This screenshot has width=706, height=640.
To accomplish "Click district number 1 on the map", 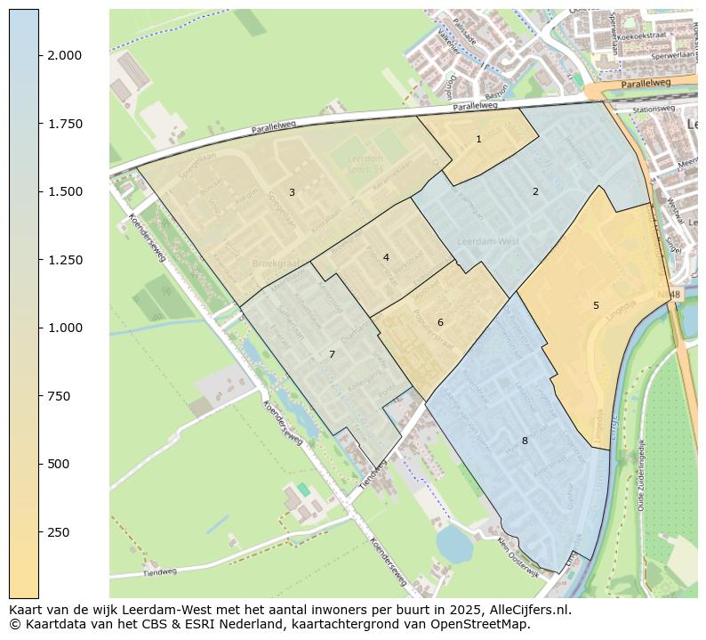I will [478, 139].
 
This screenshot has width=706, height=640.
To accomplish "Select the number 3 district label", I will [292, 192].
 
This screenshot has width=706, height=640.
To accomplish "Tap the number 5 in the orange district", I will [596, 306].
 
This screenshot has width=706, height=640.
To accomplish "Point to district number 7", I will [332, 354].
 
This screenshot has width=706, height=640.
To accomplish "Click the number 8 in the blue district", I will [525, 441].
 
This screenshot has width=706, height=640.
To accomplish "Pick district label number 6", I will [440, 322].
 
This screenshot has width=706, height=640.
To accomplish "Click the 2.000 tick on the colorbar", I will [64, 55].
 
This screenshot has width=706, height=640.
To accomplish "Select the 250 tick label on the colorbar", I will [59, 532].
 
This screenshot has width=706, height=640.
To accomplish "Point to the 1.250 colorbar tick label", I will [64, 260].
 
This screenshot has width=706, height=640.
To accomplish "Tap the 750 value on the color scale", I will [59, 396].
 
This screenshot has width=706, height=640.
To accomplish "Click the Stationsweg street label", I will [654, 109].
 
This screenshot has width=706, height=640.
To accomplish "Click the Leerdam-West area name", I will [487, 241].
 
